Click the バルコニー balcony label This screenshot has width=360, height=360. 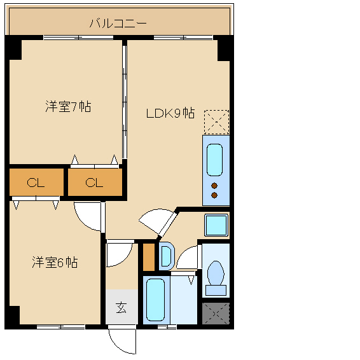pyautogui.click(x=118, y=24)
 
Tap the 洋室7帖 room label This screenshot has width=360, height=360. pyautogui.click(x=68, y=106)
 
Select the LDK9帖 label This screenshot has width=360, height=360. pyautogui.click(x=170, y=113)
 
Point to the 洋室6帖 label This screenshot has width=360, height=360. pyautogui.click(x=55, y=262)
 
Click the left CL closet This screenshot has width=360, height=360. pyautogui.click(x=36, y=183)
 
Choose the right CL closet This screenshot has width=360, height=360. pyautogui.click(x=95, y=183)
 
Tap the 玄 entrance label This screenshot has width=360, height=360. pyautogui.click(x=121, y=308)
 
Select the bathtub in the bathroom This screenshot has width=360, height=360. pyautogui.click(x=156, y=300)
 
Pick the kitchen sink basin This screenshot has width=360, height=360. pyautogui.click(x=215, y=160)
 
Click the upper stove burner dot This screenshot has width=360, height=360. pyautogui.click(x=214, y=186)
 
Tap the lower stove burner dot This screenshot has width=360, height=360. pyautogui.click(x=214, y=195)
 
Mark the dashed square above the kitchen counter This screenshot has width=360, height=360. pyautogui.click(x=216, y=122)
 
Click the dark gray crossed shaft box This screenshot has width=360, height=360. pyautogui.click(x=216, y=314)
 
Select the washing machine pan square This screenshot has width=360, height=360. pyautogui.click(x=216, y=225)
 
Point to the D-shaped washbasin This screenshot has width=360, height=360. pyautogui.click(x=167, y=256)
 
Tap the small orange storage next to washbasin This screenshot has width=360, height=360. pyautogui.click(x=149, y=257)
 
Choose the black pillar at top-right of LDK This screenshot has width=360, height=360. pyautogui.click(x=224, y=50)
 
